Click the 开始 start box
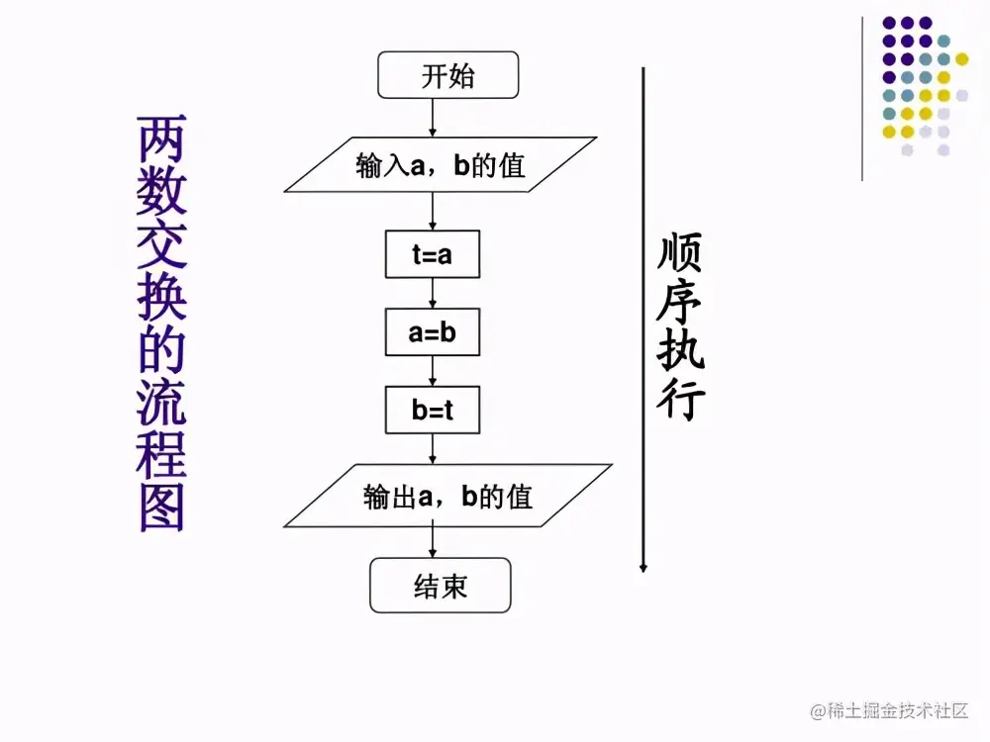pos(447,76)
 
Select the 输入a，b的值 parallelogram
pos(441,164)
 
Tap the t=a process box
pos(433,255)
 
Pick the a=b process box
pos(433,332)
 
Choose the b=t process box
pos(433,410)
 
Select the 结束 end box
pos(441,586)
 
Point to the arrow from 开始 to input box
pos(433,117)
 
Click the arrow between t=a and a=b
pos(433,294)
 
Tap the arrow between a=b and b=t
pos(433,371)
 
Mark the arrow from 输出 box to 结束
pos(433,542)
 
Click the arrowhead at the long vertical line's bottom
pos(643,567)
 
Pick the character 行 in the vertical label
pos(679,401)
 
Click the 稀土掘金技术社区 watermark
pos(889,710)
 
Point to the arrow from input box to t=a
pos(433,211)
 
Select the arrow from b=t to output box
pos(433,449)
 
